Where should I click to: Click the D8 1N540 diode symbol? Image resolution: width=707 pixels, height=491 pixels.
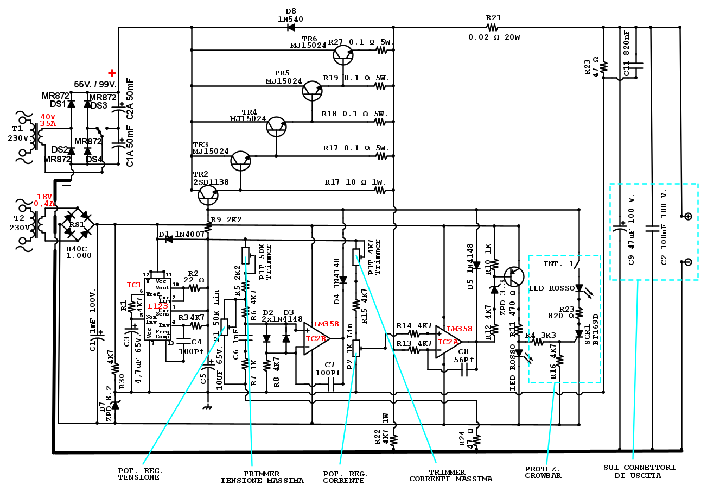(291, 27)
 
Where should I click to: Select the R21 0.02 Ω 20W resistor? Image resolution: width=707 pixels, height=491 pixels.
(492, 27)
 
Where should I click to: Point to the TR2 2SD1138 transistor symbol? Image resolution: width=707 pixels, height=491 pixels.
(208, 195)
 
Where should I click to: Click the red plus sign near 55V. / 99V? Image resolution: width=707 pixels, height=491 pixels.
(112, 73)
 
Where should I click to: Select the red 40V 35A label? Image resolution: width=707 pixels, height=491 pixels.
(48, 120)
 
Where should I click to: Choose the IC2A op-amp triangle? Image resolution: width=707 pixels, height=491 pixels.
(448, 342)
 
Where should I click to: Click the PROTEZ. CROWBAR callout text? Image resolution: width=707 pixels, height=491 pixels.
(543, 472)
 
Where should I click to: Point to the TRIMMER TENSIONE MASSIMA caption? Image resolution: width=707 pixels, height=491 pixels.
(262, 477)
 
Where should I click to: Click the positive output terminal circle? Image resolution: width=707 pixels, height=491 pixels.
(688, 216)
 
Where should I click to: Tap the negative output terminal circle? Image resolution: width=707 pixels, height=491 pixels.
(688, 262)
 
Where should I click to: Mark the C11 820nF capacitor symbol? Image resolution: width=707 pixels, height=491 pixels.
(635, 65)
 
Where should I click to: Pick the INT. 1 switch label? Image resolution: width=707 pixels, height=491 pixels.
(558, 264)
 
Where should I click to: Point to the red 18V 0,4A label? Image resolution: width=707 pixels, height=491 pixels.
(44, 200)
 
